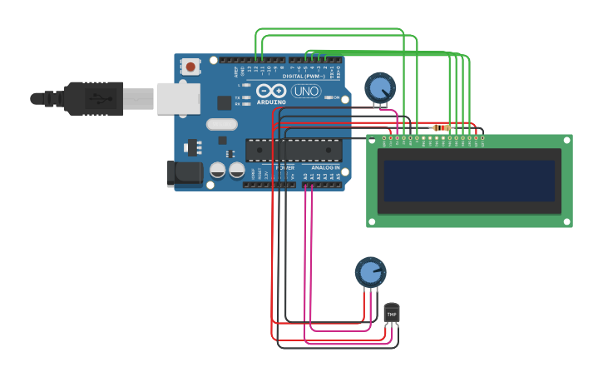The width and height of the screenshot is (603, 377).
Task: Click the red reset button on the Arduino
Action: [190, 66]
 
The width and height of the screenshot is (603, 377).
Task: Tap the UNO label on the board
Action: [306, 91]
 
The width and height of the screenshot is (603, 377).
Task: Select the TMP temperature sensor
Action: [391, 312]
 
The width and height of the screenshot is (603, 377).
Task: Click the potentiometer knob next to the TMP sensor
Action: [370, 272]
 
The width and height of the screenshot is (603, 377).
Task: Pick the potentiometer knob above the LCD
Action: [380, 87]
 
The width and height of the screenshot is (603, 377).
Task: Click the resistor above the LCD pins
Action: [441, 127]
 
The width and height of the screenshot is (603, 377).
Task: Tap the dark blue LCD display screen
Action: [469, 181]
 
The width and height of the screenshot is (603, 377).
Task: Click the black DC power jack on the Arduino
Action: [184, 173]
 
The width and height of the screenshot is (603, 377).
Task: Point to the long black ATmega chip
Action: [294, 150]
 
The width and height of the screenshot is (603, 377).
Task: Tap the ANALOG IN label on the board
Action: [325, 167]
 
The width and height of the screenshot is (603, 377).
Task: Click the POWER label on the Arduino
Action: [284, 167]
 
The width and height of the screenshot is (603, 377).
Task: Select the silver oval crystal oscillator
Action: [222, 124]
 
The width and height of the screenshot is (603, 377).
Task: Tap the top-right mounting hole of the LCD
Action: [567, 140]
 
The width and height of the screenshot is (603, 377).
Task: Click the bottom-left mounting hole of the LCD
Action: [372, 221]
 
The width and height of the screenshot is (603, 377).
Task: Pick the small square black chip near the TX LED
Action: [224, 102]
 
